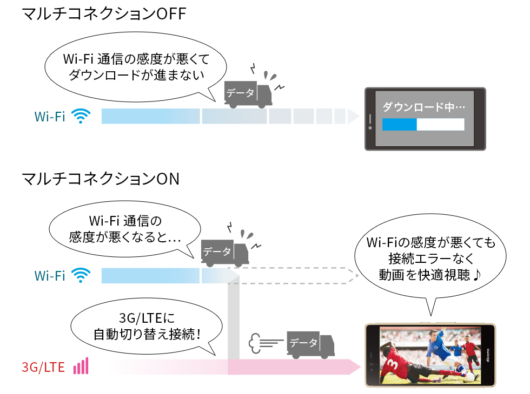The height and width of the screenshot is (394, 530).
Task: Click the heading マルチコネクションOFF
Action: coord(103,14)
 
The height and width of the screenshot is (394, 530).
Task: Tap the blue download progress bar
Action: coord(400,124)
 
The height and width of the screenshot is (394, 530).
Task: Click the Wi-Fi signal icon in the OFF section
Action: coord(81,116)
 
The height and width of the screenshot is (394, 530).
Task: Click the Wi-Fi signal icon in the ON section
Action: coord(81,275)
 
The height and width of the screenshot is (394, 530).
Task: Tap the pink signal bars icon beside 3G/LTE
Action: coord(81,367)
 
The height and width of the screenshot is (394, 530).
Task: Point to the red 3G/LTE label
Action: coord(43,368)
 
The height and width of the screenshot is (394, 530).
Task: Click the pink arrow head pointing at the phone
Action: coord(355,368)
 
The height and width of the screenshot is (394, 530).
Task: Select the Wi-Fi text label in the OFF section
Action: coord(50,116)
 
